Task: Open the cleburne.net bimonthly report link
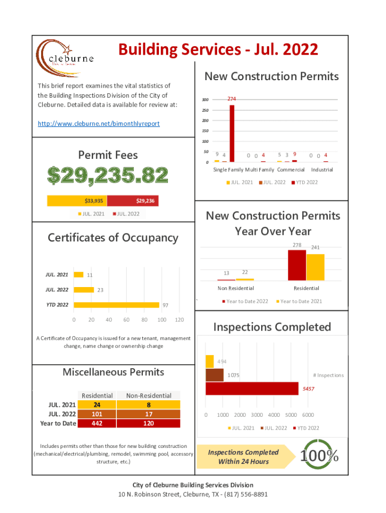[x=99, y=123]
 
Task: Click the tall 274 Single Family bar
[x=232, y=133]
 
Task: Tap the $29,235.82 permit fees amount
[x=108, y=175]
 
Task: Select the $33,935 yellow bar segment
[x=77, y=201]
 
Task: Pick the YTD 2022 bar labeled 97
[x=116, y=305]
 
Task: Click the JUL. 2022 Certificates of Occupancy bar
[x=84, y=290]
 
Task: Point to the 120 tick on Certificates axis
[x=179, y=320]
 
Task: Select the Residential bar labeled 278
[x=297, y=265]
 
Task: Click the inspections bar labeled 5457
[x=252, y=388]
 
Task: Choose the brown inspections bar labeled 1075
[x=215, y=375]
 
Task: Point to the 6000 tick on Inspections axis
[x=308, y=415]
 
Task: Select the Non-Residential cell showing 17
[x=149, y=414]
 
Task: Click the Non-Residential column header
[x=149, y=396]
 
